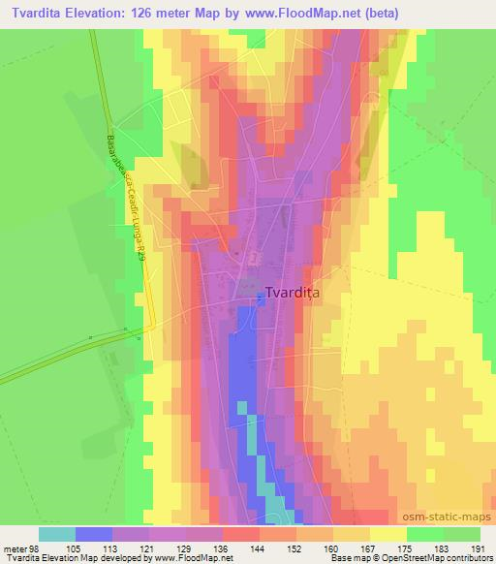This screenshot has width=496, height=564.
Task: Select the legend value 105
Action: click(x=94, y=548)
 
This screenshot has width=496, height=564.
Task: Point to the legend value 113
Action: click(x=131, y=548)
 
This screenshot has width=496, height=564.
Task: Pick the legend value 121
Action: click(x=168, y=548)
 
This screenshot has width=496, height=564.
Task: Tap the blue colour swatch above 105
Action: click(x=93, y=534)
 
